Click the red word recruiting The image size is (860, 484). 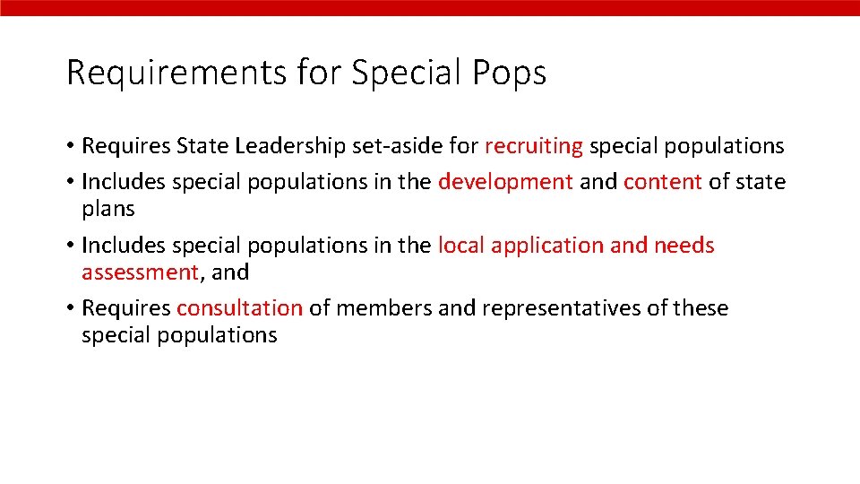(x=534, y=146)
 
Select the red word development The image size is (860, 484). (x=505, y=182)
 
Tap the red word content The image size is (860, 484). (x=662, y=182)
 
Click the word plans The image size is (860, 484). (x=107, y=209)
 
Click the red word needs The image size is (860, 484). (x=684, y=245)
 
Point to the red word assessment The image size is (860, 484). (x=139, y=272)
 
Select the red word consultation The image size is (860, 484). (x=239, y=308)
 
